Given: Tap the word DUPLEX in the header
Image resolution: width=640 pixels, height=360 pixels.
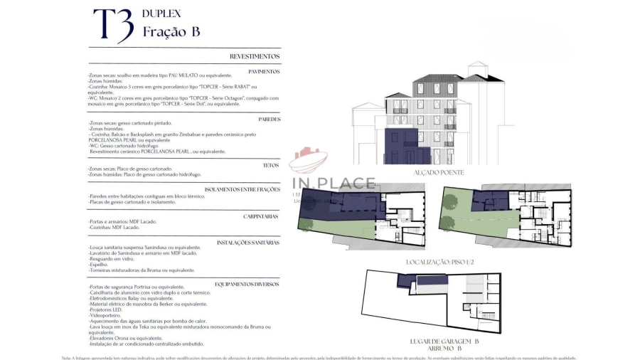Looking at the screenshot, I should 161,14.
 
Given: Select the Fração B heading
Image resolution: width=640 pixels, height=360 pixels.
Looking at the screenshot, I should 171,32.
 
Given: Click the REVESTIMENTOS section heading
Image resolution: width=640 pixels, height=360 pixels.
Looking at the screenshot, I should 255,56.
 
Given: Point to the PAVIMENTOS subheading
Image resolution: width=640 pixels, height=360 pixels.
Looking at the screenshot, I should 264,71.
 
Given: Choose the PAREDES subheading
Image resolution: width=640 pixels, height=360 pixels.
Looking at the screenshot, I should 269,119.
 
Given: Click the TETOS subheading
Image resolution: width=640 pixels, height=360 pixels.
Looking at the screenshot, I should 272,164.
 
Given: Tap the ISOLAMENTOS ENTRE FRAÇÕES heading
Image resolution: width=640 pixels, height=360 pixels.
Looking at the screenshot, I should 242,189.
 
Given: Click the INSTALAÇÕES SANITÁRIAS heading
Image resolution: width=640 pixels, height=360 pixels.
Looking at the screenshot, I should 248,243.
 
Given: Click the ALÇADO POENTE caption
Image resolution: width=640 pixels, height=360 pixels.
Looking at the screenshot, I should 439,173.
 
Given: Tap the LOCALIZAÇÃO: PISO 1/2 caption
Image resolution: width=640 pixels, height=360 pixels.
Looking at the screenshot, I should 439,262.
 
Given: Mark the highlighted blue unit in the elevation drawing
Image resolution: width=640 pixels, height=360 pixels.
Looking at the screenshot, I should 402,146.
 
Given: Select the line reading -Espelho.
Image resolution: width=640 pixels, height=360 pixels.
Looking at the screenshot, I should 99,265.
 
